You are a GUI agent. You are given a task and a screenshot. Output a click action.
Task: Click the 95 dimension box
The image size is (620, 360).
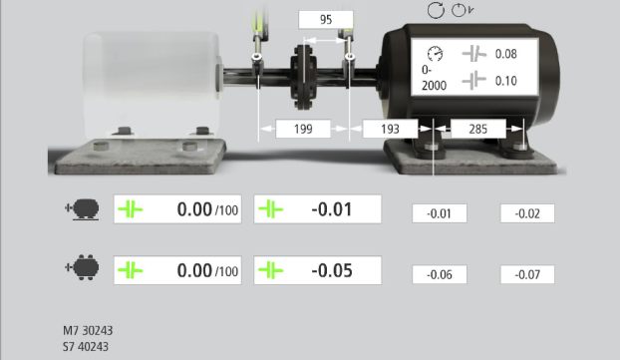326,20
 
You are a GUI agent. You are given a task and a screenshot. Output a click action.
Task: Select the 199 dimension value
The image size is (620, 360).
303,129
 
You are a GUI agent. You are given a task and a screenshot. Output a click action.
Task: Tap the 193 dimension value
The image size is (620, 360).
391,129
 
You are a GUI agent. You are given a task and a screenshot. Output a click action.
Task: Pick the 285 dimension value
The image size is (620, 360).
478,129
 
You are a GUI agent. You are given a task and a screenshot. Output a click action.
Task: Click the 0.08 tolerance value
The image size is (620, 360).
506,54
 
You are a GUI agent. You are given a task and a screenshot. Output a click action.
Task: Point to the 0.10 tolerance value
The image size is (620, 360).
506,81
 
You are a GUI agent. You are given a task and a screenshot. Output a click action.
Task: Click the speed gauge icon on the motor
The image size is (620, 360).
436,54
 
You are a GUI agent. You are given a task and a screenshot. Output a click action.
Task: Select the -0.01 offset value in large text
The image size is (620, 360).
332,209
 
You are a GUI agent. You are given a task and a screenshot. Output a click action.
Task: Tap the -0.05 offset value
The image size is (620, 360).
332,270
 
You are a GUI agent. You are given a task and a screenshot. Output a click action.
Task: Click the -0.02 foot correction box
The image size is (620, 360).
527,213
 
